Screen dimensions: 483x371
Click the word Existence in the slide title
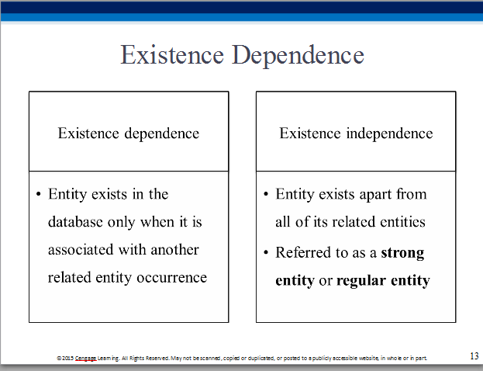pos(172,55)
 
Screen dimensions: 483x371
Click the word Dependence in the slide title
pos(298,56)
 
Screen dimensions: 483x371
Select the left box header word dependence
pos(162,133)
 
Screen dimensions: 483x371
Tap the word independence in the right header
pos(389,133)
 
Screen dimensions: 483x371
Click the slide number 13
pos(474,356)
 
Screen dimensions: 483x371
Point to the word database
pos(75,222)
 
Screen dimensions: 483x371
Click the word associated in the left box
pos(81,249)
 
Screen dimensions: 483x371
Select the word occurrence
pos(171,278)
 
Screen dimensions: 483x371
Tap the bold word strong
pos(402,253)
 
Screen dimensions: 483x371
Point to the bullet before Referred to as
pos(266,253)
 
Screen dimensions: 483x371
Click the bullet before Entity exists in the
pos(39,194)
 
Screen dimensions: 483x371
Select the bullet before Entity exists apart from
pos(266,194)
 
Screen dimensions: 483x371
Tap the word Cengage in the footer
pos(85,359)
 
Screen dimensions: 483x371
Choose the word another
pos(174,249)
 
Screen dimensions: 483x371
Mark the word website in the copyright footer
pos(369,359)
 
